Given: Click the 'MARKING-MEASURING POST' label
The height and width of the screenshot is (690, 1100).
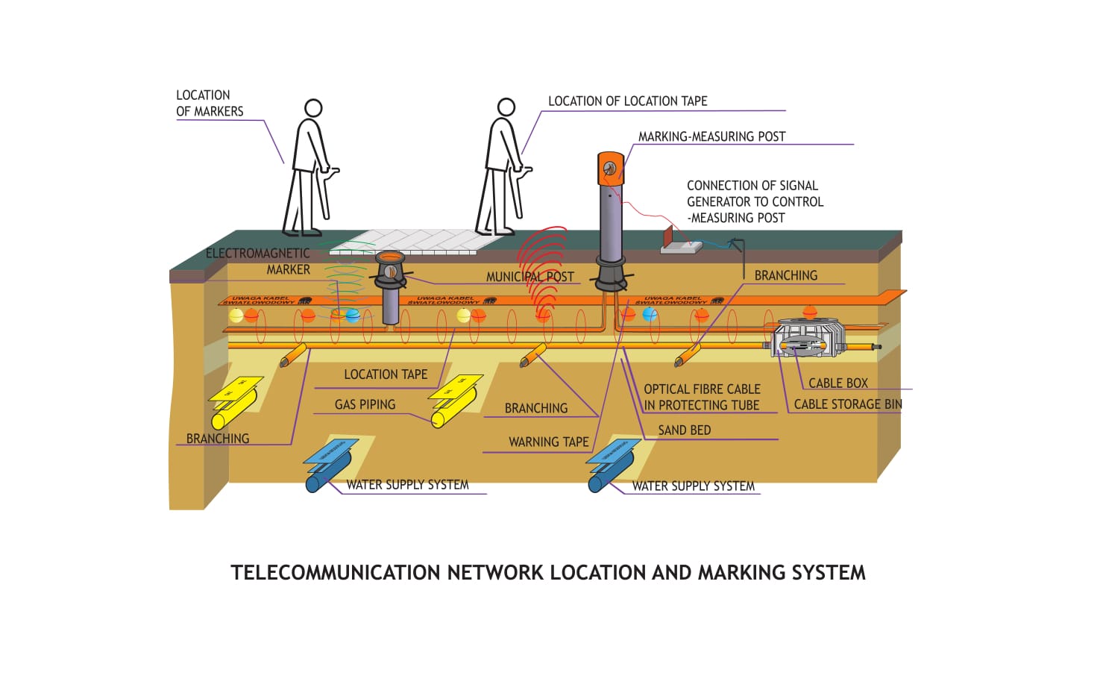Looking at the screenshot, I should (x=711, y=137).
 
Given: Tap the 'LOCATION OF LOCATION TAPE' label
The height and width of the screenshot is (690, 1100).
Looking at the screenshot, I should (x=627, y=101).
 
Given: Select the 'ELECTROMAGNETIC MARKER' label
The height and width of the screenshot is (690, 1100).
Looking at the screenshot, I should (x=258, y=261).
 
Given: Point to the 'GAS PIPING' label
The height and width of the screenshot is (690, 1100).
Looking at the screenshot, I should (x=365, y=404).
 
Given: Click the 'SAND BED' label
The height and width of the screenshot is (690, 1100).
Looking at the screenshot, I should (x=684, y=430).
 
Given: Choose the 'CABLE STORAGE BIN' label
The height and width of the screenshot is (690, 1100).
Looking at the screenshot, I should (x=847, y=404).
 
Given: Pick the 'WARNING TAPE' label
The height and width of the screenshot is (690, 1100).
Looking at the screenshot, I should (x=548, y=442).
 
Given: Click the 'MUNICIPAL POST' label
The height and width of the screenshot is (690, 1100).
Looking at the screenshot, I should (x=529, y=277).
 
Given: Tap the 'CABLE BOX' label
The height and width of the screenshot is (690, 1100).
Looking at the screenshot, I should (x=837, y=383).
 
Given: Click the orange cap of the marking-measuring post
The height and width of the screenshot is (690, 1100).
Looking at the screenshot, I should (x=610, y=168).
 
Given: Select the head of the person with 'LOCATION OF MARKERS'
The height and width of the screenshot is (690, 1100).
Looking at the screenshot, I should (x=313, y=108).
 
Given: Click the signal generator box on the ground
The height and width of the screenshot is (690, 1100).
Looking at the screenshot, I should (x=680, y=242).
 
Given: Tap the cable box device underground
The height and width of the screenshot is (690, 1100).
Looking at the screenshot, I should (x=807, y=339).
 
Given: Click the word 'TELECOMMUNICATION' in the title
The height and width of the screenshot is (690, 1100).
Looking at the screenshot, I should (x=336, y=573).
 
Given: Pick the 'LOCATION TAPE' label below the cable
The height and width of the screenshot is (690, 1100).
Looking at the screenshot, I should (x=386, y=374).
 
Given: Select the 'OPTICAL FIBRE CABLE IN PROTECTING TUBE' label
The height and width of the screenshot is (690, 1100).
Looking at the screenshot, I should (x=702, y=397).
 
